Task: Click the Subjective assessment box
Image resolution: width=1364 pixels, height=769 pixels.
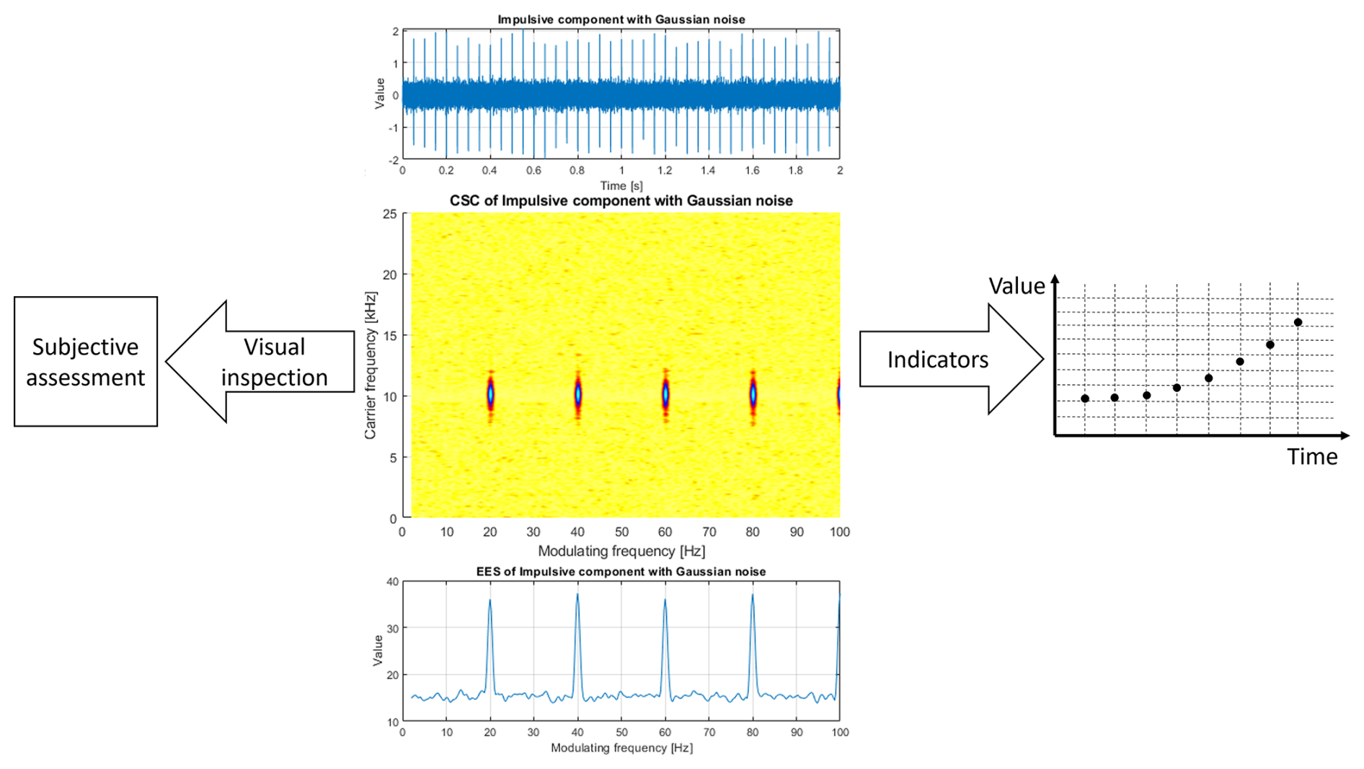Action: [86, 362]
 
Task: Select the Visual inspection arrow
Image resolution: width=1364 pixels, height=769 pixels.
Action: [267, 362]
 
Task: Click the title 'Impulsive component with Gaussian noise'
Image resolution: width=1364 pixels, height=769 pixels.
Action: [621, 19]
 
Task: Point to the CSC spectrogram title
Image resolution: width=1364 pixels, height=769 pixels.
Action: [621, 201]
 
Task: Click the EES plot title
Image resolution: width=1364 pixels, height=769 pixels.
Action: [621, 572]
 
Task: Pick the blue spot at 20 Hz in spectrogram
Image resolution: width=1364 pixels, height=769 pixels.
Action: [490, 395]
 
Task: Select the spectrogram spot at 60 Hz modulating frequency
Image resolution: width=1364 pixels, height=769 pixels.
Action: [665, 395]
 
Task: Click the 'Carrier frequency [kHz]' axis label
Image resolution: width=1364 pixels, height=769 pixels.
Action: [371, 365]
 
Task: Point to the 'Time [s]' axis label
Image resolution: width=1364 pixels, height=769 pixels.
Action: [621, 186]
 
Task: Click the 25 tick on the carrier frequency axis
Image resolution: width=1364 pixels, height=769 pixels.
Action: [390, 214]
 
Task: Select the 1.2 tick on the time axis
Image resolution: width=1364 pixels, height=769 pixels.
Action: [665, 171]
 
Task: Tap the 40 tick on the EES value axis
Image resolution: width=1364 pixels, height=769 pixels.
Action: [392, 582]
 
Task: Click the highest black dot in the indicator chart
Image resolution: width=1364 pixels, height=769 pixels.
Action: [1298, 322]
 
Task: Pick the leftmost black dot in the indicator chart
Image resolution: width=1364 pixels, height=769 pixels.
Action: [1085, 399]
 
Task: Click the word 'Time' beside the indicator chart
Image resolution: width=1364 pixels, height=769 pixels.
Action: [1312, 457]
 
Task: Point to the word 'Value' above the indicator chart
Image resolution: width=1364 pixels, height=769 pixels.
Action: [1017, 286]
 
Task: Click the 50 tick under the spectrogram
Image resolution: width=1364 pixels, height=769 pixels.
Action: [621, 533]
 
